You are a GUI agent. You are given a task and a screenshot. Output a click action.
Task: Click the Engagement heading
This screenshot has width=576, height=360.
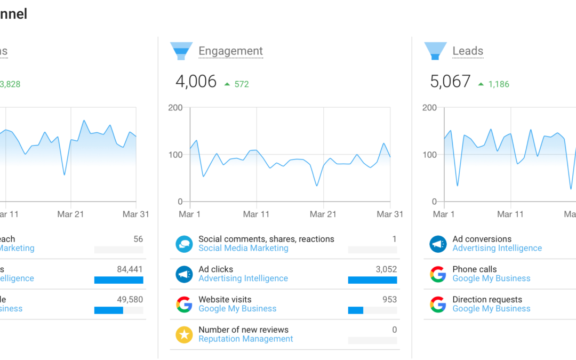click(x=230, y=51)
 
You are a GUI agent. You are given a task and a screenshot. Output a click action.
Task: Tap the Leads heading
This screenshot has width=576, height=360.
click(x=468, y=51)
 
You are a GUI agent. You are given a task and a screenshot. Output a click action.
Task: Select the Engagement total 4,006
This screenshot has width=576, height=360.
click(x=196, y=82)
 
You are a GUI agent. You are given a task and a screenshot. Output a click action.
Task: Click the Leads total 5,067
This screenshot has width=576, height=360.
click(x=450, y=82)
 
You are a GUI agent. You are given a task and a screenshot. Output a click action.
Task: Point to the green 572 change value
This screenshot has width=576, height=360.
click(x=242, y=84)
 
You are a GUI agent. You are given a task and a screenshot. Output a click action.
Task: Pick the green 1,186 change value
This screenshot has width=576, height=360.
click(x=499, y=84)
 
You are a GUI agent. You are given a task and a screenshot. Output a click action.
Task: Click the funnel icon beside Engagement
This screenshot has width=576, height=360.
click(x=181, y=51)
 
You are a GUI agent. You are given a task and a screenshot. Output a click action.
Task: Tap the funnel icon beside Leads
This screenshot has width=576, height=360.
click(x=435, y=51)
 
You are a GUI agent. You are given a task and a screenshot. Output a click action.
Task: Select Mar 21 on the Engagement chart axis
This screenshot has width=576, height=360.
click(x=324, y=214)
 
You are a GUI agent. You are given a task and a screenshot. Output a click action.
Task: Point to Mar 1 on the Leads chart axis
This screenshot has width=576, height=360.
click(x=444, y=214)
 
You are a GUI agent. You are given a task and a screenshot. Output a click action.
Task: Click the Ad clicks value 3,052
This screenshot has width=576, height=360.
click(x=386, y=269)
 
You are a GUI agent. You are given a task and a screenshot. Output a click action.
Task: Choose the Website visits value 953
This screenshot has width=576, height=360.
click(x=389, y=300)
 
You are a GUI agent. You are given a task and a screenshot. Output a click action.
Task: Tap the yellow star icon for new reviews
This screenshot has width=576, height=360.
click(x=184, y=334)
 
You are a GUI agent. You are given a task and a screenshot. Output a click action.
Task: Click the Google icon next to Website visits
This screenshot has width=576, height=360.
click(x=184, y=304)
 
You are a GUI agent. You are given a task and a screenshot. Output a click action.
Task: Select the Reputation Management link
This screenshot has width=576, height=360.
click(x=245, y=339)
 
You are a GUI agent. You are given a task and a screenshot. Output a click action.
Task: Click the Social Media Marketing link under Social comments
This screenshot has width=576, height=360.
click(x=243, y=248)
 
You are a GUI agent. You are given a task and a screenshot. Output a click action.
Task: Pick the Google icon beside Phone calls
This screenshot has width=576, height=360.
click(x=438, y=274)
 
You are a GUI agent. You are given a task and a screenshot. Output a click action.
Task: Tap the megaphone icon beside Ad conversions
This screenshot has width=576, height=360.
click(x=438, y=244)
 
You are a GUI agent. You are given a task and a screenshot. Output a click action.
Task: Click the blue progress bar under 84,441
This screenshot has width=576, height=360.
click(x=118, y=280)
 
